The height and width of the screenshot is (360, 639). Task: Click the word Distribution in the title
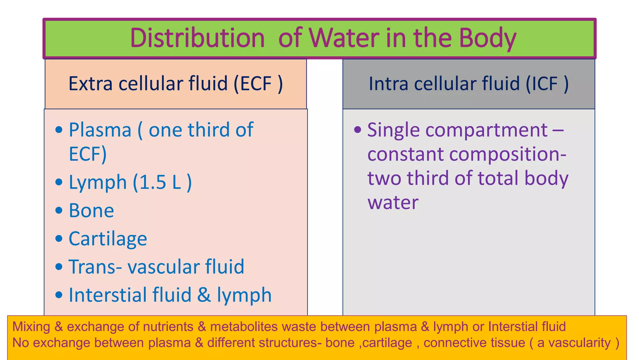coord(197,38)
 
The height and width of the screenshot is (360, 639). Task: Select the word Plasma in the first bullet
coord(100,130)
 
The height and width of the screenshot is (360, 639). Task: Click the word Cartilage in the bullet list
coord(108,239)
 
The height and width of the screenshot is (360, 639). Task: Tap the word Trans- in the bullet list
coord(95,267)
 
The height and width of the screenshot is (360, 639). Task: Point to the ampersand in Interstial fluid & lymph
coord(204,295)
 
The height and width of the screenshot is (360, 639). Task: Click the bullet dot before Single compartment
coord(358,129)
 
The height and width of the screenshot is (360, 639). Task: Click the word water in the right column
coord(393,202)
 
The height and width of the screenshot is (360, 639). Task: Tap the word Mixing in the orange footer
coord(31,327)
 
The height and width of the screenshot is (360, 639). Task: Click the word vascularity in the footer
coord(579,343)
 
